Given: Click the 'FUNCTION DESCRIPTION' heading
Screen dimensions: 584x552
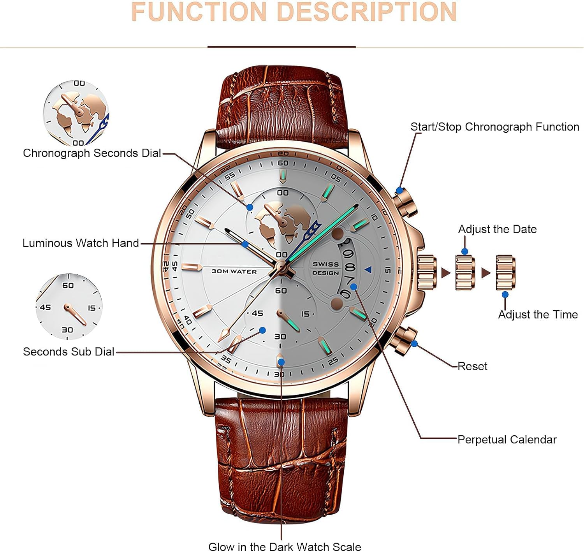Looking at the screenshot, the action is [x=294, y=12].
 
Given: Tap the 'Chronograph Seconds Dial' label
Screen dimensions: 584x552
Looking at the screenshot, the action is [x=92, y=153].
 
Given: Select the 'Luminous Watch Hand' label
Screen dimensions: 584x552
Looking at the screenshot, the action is [x=81, y=243].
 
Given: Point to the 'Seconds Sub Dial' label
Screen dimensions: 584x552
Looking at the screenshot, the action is [x=69, y=352].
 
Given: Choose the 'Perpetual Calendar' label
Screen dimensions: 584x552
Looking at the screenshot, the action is [x=507, y=439].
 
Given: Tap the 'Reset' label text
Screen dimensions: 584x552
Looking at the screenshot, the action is [x=472, y=366].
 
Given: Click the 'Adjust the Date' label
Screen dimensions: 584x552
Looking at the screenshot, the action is [x=497, y=229].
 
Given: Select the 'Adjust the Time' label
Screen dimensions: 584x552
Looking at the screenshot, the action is [x=538, y=314].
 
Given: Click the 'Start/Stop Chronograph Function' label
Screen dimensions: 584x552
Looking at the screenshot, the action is [x=495, y=127].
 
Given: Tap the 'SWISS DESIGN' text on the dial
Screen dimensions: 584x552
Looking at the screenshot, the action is [x=325, y=268].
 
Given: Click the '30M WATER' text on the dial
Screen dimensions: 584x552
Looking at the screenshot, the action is [x=234, y=271].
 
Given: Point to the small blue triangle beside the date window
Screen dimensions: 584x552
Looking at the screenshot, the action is [x=368, y=269].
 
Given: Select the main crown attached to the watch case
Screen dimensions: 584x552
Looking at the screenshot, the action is [x=427, y=272].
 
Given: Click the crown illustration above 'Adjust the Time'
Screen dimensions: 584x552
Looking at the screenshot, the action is [x=506, y=272].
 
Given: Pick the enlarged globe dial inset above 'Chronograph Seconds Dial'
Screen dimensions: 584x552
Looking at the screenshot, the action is [x=76, y=113].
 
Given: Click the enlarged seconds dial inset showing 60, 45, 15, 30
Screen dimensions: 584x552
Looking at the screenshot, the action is [x=69, y=307].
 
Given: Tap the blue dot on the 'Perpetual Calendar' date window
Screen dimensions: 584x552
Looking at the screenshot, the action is [x=354, y=287].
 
